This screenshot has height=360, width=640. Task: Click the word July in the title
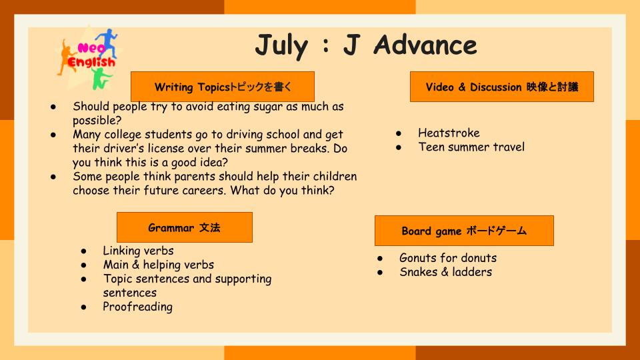click(281, 46)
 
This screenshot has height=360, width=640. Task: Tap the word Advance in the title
click(425, 45)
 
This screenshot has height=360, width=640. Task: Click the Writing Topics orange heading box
click(223, 87)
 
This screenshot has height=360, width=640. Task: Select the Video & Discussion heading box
click(501, 87)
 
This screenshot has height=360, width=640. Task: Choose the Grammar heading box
click(185, 227)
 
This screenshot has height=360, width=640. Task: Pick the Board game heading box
click(464, 231)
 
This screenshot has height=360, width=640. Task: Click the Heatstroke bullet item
click(449, 133)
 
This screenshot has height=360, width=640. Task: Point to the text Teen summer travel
click(471, 147)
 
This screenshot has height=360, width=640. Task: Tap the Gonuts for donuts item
click(448, 258)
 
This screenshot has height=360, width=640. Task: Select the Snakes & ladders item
click(446, 272)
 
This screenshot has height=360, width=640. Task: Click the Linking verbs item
click(138, 251)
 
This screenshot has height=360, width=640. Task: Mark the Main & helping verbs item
click(159, 265)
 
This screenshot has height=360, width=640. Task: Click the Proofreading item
click(137, 307)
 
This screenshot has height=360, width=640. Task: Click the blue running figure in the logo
click(107, 42)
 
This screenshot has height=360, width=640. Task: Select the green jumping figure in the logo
click(101, 79)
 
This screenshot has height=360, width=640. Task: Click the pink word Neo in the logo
click(91, 48)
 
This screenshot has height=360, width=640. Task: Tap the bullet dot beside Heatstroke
click(399, 133)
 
